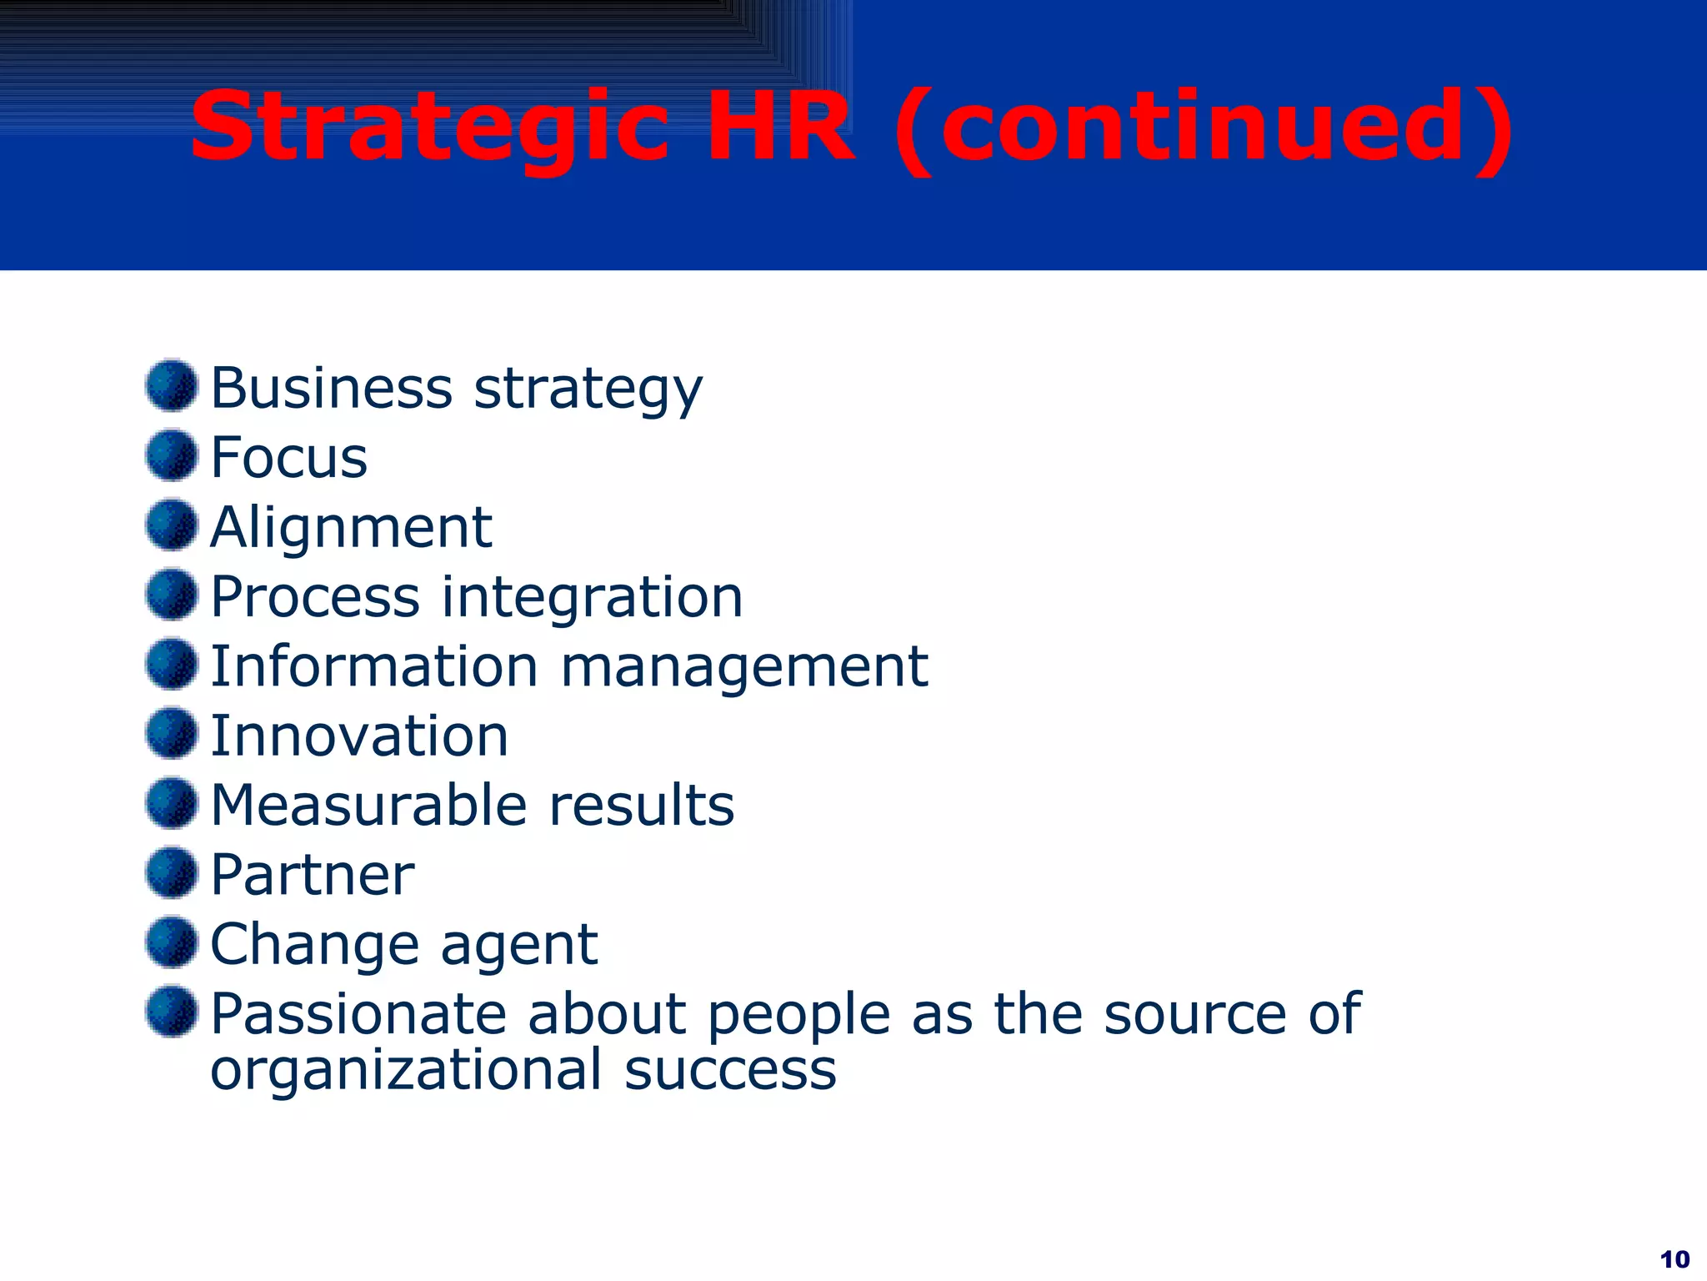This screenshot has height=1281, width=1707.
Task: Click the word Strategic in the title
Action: (x=430, y=127)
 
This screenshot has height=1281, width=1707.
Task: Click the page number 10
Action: (x=1674, y=1258)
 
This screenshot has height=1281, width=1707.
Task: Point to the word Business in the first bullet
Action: (x=331, y=388)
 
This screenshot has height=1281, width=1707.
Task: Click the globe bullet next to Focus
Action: (x=172, y=455)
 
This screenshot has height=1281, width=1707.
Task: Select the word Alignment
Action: (x=351, y=528)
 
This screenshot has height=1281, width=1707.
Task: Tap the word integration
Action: (x=591, y=597)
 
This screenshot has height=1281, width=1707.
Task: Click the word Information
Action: (x=373, y=666)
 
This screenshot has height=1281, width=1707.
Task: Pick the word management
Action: (x=744, y=668)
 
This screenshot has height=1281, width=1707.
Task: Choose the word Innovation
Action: (x=359, y=736)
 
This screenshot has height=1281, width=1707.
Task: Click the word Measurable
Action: (x=368, y=806)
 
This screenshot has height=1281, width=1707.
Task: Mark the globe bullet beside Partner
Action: (x=172, y=872)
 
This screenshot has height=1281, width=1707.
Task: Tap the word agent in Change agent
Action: (x=518, y=946)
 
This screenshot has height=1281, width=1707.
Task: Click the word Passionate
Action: (x=358, y=1014)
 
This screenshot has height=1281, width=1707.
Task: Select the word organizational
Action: (x=406, y=1070)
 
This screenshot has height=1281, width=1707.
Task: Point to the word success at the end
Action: (x=730, y=1070)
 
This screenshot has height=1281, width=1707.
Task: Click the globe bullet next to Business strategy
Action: (x=172, y=385)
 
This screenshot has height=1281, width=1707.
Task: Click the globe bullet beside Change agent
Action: (x=172, y=942)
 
